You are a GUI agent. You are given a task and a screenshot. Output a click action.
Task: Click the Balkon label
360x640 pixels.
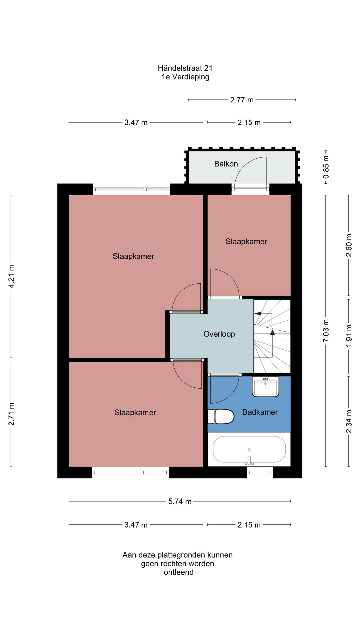(x=226, y=164)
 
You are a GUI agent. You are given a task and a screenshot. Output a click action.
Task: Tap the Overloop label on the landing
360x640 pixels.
(x=219, y=334)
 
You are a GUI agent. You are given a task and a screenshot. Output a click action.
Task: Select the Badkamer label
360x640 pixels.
(x=260, y=412)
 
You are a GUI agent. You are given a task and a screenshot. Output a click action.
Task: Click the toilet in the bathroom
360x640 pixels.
(x=221, y=416)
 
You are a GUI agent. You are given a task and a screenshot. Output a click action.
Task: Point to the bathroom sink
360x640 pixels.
(x=265, y=387)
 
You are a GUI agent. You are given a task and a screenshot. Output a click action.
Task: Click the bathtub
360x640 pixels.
(x=249, y=449)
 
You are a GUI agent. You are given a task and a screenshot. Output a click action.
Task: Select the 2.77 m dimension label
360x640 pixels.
(x=242, y=100)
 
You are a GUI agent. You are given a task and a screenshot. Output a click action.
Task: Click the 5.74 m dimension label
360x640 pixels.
(x=180, y=501)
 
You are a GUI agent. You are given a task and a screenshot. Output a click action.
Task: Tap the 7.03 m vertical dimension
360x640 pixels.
(x=326, y=330)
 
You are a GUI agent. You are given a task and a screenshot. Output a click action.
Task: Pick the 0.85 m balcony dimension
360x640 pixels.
(x=326, y=167)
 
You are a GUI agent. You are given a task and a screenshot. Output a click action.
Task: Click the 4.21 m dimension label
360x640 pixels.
(x=11, y=276)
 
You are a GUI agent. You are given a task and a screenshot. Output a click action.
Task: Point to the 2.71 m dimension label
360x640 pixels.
(x=11, y=414)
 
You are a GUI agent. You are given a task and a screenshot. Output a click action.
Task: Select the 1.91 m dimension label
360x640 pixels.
(x=349, y=335)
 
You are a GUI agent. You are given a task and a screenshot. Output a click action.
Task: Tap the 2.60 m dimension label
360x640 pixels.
(x=349, y=245)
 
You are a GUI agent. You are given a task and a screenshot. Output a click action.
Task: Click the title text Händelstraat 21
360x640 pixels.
(x=185, y=68)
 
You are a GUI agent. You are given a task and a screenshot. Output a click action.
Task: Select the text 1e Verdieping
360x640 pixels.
(x=185, y=77)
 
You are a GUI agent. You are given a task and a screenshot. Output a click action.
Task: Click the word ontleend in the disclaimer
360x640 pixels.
(x=179, y=572)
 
